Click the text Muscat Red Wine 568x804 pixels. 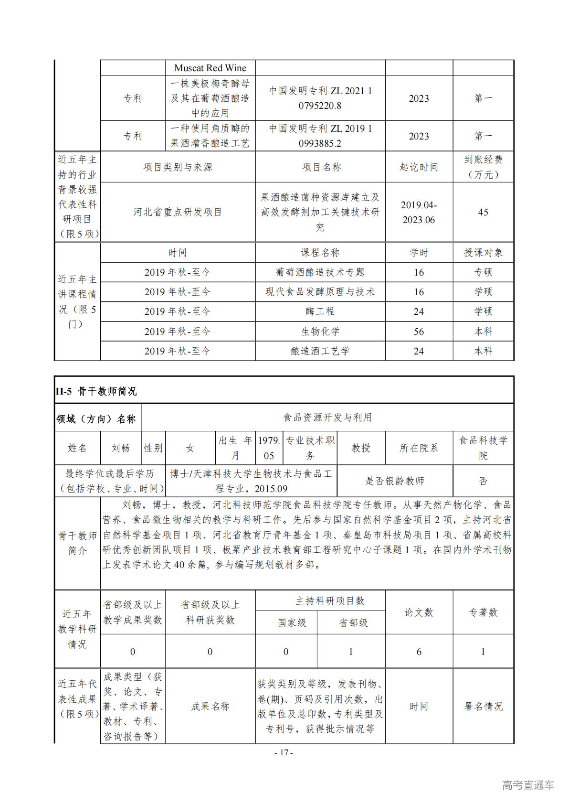[210, 68]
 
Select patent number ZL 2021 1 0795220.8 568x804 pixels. [320, 98]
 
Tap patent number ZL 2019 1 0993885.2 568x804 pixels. [320, 136]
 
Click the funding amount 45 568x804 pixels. [483, 212]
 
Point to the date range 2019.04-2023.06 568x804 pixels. [419, 212]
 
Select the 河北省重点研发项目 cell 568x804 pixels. [178, 212]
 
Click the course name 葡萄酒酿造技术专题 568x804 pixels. [320, 272]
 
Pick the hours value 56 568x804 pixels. [419, 332]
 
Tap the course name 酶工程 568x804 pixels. [320, 311]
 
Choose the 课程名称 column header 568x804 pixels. [320, 253]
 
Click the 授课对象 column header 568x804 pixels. [483, 253]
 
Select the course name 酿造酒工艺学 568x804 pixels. [320, 351]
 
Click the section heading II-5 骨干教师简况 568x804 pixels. [96, 391]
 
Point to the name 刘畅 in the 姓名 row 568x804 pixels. [121, 448]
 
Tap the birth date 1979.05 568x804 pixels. [269, 448]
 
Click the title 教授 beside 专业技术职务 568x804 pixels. [361, 448]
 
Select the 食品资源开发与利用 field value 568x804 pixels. [327, 418]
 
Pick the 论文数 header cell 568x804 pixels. [419, 612]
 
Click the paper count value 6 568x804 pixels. [419, 652]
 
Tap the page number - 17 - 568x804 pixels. [284, 752]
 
